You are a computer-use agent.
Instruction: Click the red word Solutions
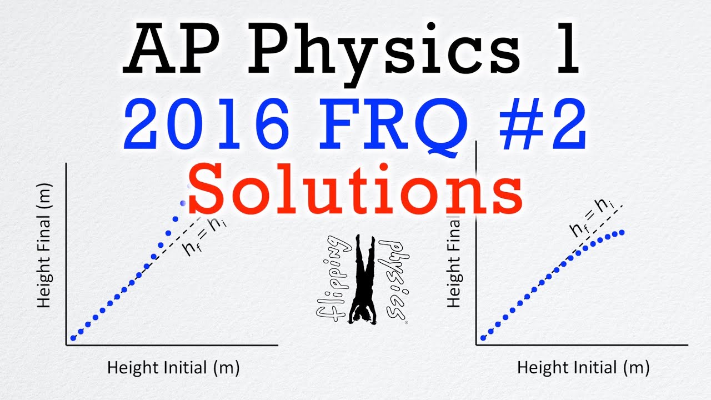click(355, 189)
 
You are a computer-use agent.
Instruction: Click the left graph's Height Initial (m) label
click(173, 368)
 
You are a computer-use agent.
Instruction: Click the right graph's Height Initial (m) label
click(583, 368)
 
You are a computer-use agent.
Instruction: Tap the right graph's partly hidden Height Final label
click(454, 262)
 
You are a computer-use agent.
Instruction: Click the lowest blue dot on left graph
click(73, 338)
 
